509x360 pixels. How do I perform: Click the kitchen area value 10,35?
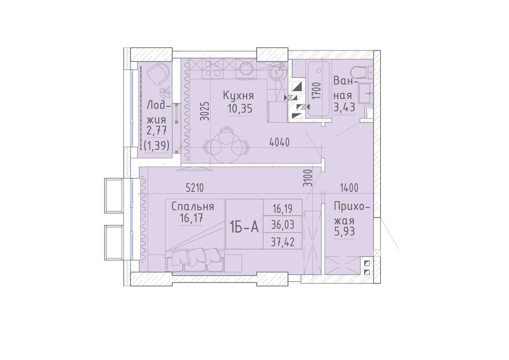[240, 109]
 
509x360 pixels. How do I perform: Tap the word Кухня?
[238, 96]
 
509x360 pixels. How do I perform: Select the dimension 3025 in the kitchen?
[205, 111]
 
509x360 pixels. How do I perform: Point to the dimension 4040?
[280, 142]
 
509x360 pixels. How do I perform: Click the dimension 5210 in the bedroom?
[194, 188]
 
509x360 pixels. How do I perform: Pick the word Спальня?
[193, 207]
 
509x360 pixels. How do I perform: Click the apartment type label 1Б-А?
[244, 228]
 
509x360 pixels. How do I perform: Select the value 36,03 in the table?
[283, 225]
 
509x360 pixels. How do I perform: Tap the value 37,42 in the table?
[283, 242]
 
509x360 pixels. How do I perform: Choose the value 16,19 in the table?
[283, 209]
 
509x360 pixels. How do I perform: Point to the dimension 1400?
[349, 188]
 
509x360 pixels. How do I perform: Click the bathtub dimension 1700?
[317, 90]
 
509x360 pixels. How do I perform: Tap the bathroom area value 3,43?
[344, 107]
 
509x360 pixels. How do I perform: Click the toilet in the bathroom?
[361, 72]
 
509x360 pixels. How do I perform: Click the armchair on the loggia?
[158, 74]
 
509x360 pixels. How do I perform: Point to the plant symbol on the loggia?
[165, 93]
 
